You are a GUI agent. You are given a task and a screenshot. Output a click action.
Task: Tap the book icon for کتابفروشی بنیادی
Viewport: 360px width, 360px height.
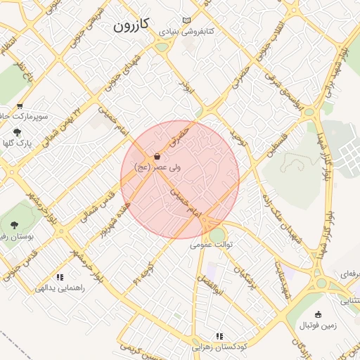tap(186, 20)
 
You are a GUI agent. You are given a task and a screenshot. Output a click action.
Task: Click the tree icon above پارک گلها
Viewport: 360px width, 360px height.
tap(17, 131)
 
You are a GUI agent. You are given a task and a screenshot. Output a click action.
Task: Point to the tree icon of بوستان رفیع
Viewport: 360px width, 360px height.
tap(14, 225)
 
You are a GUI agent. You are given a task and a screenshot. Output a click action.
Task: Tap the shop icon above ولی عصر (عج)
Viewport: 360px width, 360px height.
tap(156, 156)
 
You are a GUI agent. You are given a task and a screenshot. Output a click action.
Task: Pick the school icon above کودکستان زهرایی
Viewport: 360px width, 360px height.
tap(219, 336)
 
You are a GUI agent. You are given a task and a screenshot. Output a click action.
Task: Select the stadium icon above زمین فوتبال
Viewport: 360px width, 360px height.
tap(319, 314)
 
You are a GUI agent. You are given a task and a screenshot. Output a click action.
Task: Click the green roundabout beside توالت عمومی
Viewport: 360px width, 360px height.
tap(219, 234)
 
